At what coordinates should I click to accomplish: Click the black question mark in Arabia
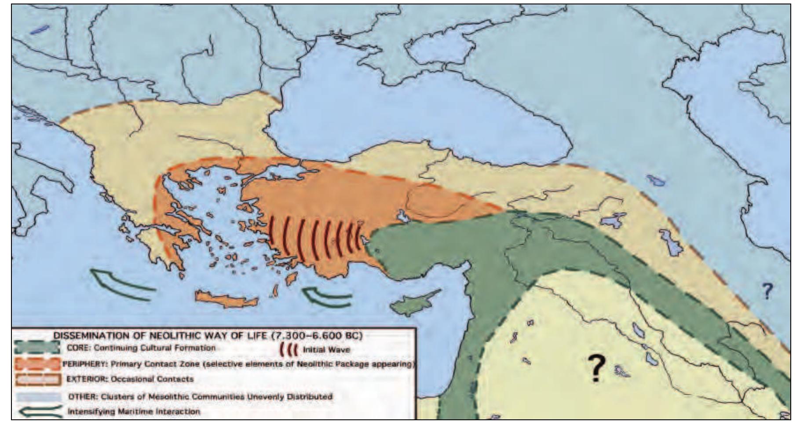pos(596,367)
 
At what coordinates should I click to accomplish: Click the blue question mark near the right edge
pos(767,291)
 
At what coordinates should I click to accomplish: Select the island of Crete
pos(226,300)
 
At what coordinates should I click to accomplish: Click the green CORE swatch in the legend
pos(37,347)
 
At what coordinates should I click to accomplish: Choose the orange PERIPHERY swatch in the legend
pos(37,364)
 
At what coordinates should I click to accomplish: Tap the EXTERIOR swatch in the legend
pos(37,379)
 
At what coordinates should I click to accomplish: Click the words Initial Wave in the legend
pos(326,350)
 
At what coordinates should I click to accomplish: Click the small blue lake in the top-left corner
pos(39,30)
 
